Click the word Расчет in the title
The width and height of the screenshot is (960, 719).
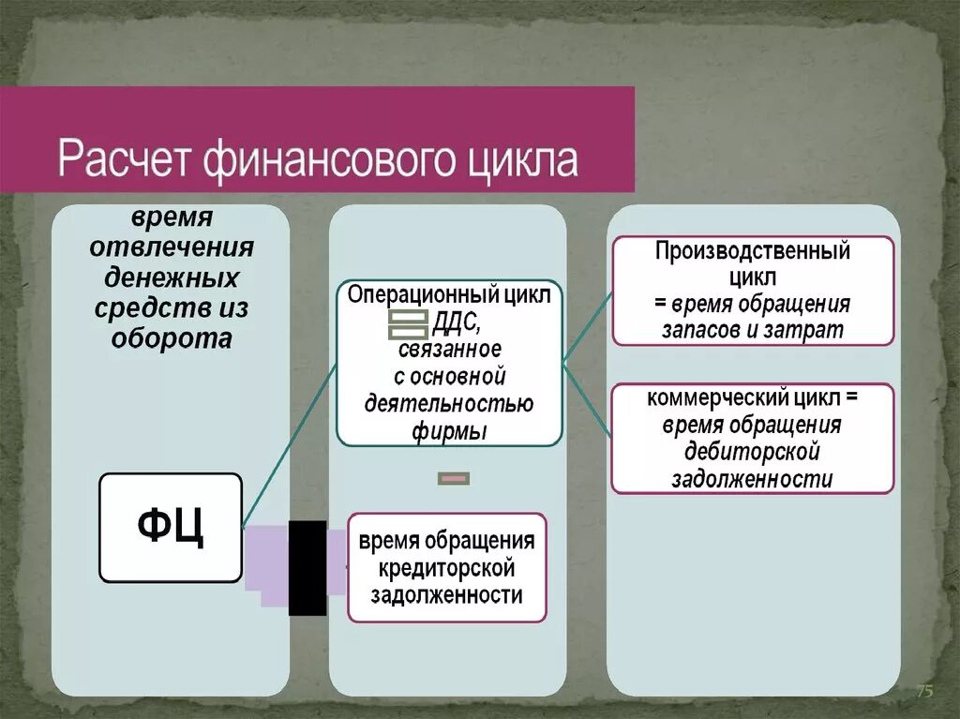click(x=123, y=158)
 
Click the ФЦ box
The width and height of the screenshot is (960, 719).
click(x=171, y=528)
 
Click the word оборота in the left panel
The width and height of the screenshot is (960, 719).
click(x=171, y=337)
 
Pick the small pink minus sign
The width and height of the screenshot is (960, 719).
click(x=454, y=479)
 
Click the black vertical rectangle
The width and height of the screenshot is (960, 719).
click(x=307, y=567)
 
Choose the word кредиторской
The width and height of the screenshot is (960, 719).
click(x=447, y=568)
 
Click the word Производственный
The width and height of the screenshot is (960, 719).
click(x=753, y=251)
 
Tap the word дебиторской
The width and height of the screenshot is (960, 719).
click(x=753, y=452)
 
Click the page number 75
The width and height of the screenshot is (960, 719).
click(x=924, y=692)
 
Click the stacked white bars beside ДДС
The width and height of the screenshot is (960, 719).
click(x=407, y=324)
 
